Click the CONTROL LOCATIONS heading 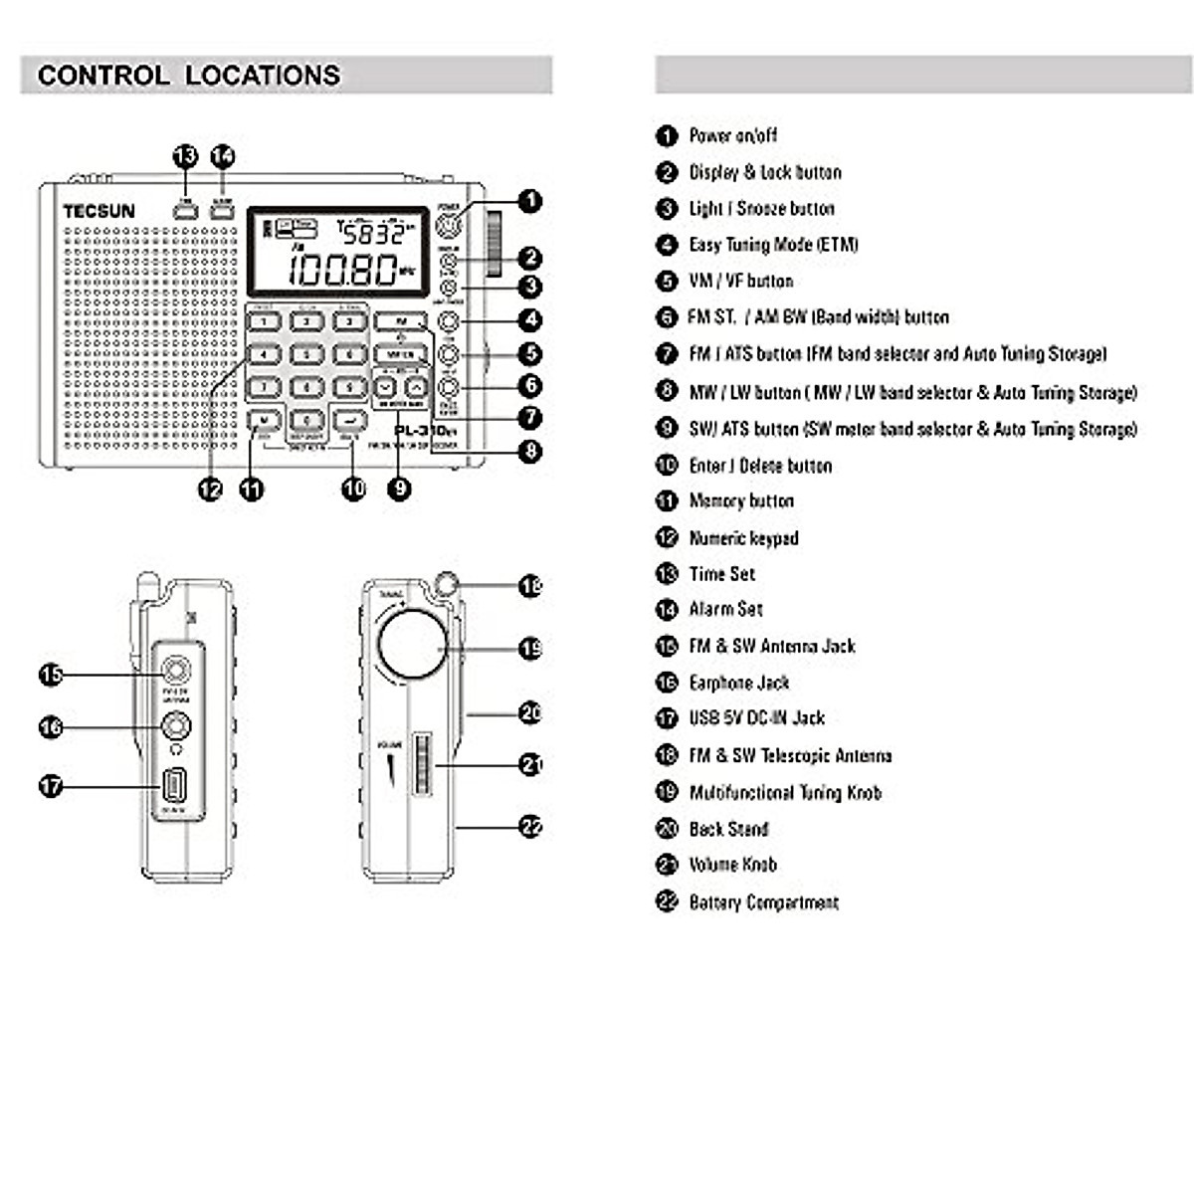189,76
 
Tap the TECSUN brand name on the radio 99,211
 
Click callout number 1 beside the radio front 531,201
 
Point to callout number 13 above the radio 186,157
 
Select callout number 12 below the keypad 210,489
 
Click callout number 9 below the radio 399,489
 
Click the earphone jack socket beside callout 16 176,727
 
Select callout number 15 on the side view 51,675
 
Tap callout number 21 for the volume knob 531,764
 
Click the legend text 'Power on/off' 733,135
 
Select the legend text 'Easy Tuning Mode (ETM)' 773,245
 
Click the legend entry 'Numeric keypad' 743,538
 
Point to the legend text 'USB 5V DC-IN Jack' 756,718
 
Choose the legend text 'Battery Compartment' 763,902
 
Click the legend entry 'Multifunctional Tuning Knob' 785,793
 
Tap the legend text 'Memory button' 741,501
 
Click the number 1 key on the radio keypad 264,321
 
